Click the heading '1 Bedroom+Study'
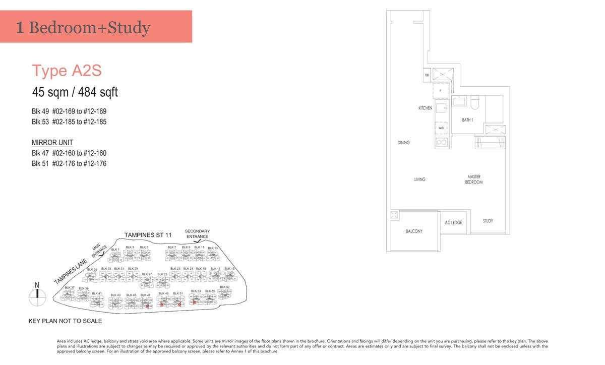coord(83,27)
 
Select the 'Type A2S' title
coord(67,71)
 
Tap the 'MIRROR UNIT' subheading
coord(52,143)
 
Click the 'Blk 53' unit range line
coord(69,121)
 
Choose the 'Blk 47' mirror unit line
coord(69,153)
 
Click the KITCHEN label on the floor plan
coord(425,108)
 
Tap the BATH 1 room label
coord(467,120)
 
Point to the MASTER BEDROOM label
coord(473,179)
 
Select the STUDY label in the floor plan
coord(488,221)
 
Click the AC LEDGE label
coord(453,222)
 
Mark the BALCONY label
coord(414,231)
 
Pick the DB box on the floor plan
coord(427,75)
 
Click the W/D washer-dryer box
coord(441,128)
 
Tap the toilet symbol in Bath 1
coord(474,102)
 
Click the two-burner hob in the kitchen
coord(441,143)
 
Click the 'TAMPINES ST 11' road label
coord(148,235)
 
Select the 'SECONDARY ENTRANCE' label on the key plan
coord(197,234)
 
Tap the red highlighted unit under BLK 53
coord(194,301)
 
